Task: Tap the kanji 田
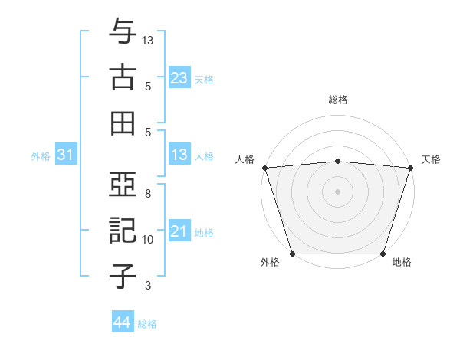[x=123, y=123]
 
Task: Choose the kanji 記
[x=123, y=231]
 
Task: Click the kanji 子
[x=123, y=276]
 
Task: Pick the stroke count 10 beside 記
[x=149, y=240]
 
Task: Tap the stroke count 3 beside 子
[x=149, y=286]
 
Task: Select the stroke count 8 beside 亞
[x=149, y=194]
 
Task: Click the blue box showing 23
[x=179, y=78]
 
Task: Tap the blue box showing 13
[x=179, y=155]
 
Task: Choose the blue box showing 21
[x=179, y=231]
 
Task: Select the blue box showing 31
[x=65, y=155]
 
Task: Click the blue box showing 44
[x=122, y=322]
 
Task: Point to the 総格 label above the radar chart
[x=337, y=100]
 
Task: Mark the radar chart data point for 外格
[x=292, y=254]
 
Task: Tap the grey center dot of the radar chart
[x=337, y=191]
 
